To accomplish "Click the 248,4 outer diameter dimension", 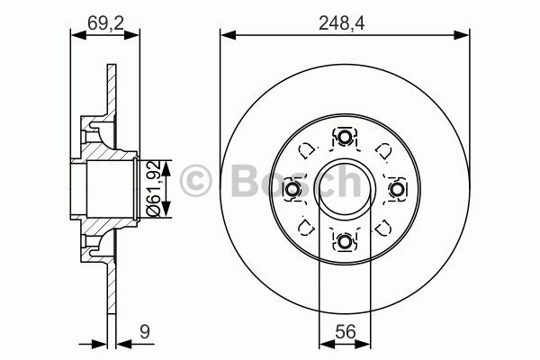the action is click(341, 23).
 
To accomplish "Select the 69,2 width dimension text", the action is click(105, 22).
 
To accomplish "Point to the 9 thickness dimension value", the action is click(145, 332).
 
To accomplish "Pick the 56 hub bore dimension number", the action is click(346, 332).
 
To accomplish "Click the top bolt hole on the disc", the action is click(344, 137).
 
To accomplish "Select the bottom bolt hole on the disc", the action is click(344, 241).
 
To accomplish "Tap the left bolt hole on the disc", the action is click(292, 189).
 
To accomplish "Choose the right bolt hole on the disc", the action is click(396, 189).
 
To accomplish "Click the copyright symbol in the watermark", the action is click(195, 181).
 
